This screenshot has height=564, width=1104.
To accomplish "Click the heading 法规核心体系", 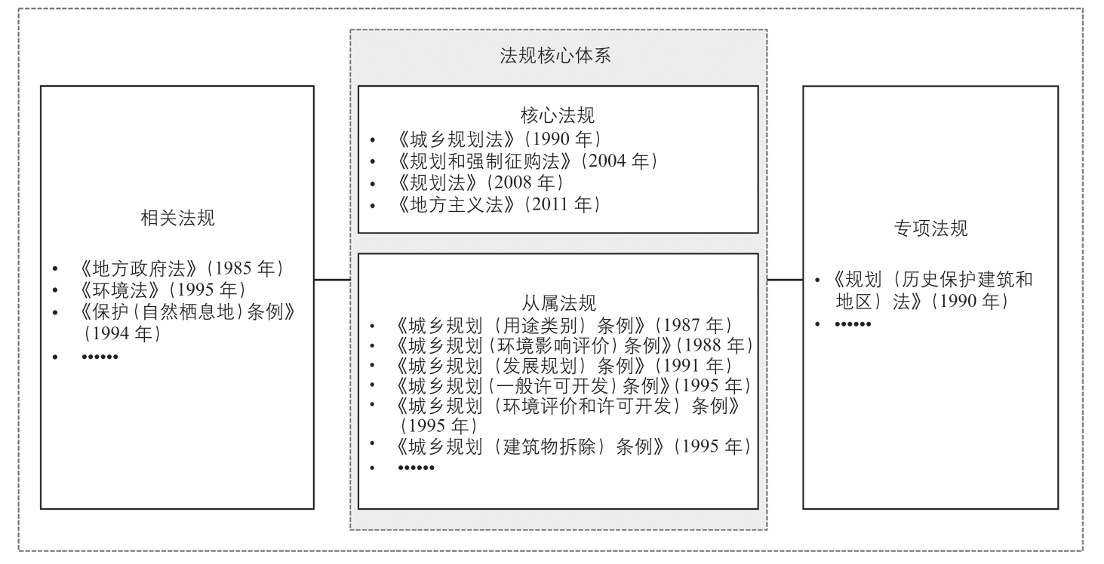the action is coord(555,56).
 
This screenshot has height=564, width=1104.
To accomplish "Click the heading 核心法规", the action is coord(558,115).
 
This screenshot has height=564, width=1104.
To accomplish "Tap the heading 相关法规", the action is coord(177,218).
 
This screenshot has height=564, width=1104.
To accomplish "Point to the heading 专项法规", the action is coord(930,228).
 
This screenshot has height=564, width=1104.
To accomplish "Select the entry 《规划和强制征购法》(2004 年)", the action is coord(527,161).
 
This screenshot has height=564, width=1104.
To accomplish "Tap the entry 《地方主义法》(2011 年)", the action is coord(499,204).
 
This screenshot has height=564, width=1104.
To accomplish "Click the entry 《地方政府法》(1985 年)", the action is coord(181,268).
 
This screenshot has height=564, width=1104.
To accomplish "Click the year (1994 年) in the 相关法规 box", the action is coord(122,333).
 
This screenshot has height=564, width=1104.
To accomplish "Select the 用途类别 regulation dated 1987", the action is coord(564,325).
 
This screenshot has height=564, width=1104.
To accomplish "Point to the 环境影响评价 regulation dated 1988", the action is coord(575,345).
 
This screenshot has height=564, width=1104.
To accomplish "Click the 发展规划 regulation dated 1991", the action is coord(564,366).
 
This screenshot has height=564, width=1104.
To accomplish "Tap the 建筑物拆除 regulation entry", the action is coord(574,446).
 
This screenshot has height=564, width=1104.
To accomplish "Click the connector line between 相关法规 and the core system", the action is coord(332,280).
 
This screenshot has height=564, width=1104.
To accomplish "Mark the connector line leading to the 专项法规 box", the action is coord(785,280).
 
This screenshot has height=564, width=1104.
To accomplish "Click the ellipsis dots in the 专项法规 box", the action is coord(853,324).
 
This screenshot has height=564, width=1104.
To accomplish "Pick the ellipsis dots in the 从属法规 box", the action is coord(416,467).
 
